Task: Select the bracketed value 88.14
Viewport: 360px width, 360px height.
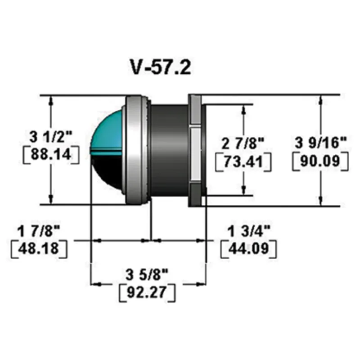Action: point(51,154)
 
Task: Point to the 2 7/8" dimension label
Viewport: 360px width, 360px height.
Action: point(243,144)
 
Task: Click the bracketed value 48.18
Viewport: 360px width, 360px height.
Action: point(39,248)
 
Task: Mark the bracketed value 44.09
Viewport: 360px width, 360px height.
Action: point(248,248)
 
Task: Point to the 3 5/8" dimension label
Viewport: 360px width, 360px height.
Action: point(147,274)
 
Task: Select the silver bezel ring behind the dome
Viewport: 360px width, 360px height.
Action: point(135,148)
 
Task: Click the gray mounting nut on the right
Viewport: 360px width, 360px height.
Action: point(195,148)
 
